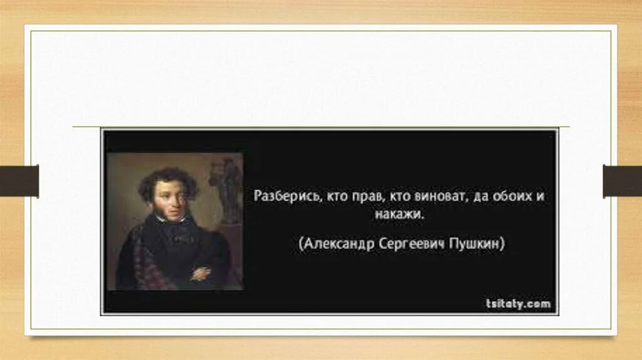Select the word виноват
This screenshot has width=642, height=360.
pos(438,196)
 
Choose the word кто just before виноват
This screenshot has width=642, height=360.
pos(401,196)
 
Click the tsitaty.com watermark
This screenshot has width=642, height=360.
pos(518,304)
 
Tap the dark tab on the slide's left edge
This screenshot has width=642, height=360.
pos(19,181)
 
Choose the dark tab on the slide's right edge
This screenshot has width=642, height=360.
pos(622,181)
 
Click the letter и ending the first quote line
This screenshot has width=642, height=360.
pos(539,196)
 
